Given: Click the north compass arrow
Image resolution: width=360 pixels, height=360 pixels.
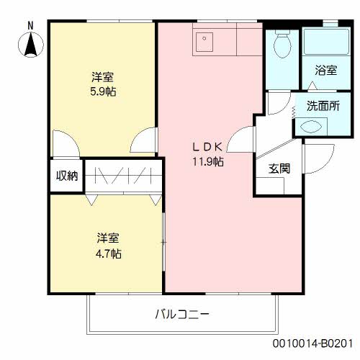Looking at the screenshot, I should [x=31, y=44].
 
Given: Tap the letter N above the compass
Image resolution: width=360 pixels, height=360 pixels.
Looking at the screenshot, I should [x=30, y=24].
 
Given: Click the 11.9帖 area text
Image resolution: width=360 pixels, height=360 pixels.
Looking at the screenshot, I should [x=207, y=162].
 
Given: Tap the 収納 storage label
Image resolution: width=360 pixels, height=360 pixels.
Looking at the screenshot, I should [x=67, y=176].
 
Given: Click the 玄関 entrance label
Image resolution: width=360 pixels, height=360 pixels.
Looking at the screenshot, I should [x=279, y=169].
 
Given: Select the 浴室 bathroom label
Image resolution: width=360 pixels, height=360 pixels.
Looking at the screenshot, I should [x=325, y=71].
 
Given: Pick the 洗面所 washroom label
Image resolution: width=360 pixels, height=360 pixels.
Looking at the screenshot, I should [x=323, y=105].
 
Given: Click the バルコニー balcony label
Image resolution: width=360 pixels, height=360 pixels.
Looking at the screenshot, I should [x=182, y=315].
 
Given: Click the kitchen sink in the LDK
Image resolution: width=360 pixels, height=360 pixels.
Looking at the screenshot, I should [x=205, y=41].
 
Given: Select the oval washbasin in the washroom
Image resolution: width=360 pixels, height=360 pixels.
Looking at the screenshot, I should [x=314, y=125].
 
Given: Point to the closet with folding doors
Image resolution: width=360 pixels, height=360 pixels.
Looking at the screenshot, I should [x=123, y=176].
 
